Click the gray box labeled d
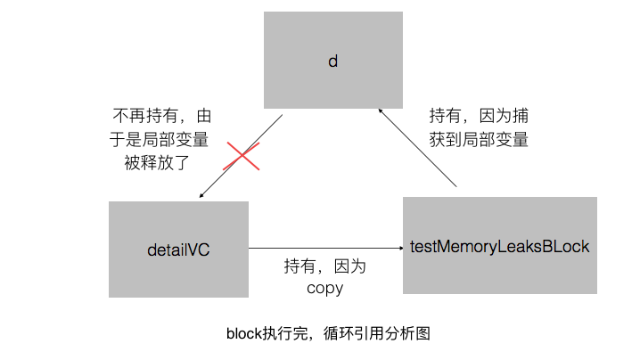[x=332, y=61]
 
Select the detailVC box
[x=178, y=250]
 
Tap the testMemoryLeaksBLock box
[x=499, y=246]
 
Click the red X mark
[x=241, y=158]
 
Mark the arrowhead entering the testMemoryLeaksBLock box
[x=398, y=248]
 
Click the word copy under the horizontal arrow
[x=325, y=288]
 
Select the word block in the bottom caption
[x=243, y=334]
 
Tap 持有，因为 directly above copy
[x=325, y=266]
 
